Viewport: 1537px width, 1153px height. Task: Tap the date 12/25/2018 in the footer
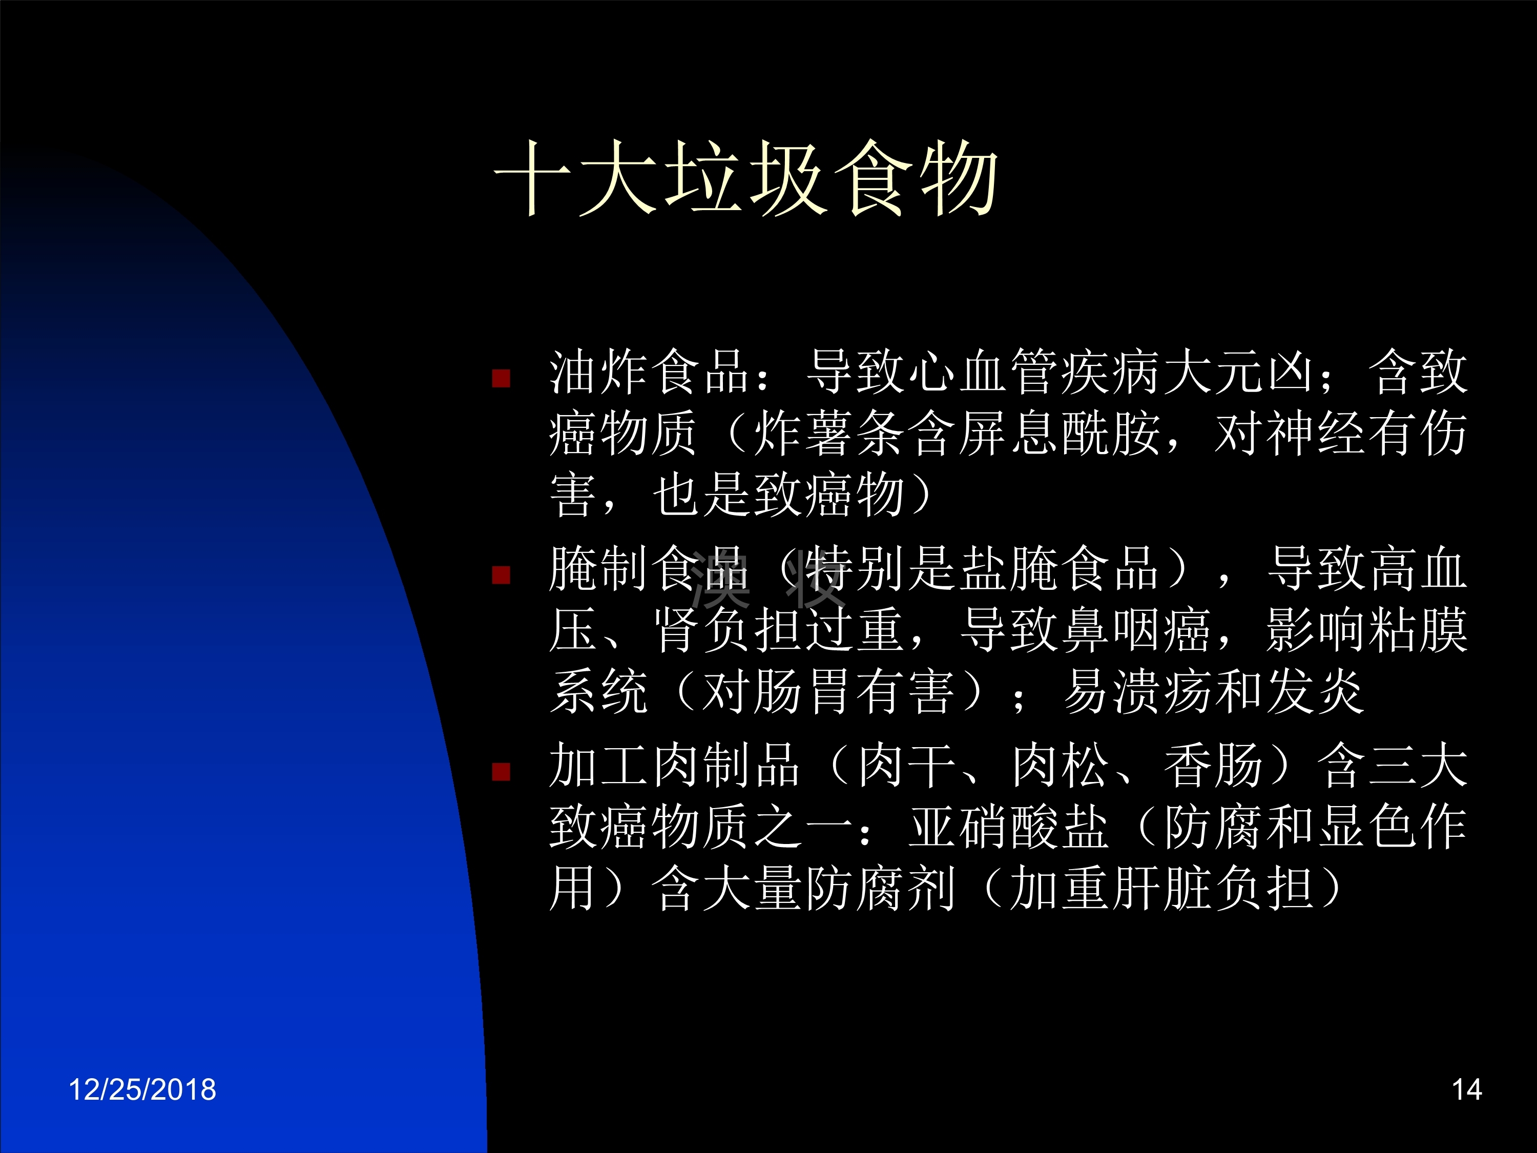[x=142, y=1089]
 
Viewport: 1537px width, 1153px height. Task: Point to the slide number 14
[x=1467, y=1089]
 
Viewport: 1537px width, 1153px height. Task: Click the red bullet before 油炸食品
[x=501, y=379]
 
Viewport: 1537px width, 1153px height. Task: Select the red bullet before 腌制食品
[x=501, y=575]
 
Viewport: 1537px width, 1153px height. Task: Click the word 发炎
[x=1317, y=691]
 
